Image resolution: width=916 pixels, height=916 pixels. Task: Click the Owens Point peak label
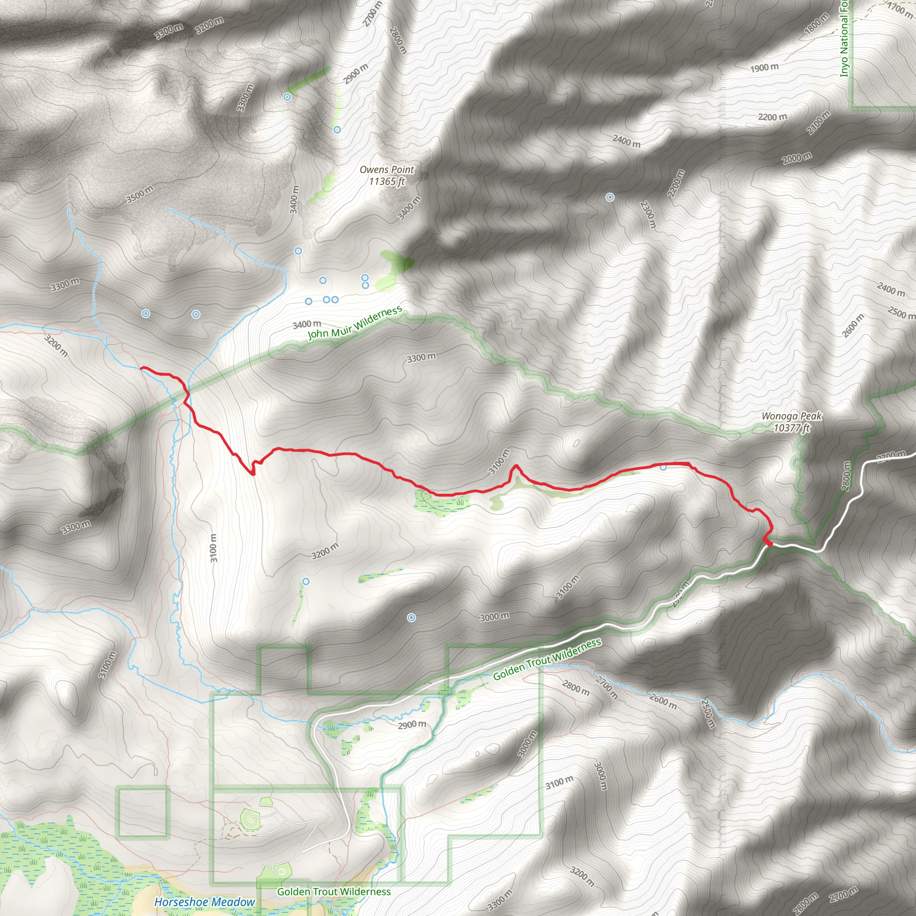coord(386,175)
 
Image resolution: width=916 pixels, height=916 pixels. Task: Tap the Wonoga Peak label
coord(791,422)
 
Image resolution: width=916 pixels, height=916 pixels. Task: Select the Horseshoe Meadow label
coord(204,902)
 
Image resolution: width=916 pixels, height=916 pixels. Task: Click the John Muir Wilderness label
coord(355,323)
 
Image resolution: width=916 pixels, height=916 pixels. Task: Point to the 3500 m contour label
coord(140,195)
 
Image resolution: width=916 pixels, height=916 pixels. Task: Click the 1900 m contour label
coord(764,68)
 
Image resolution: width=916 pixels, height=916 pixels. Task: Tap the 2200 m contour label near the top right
coord(772,117)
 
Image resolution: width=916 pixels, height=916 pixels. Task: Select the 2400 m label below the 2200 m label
coord(626,141)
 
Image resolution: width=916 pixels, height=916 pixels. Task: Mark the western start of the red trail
coord(141,368)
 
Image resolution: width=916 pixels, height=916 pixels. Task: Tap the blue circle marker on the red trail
coord(663,467)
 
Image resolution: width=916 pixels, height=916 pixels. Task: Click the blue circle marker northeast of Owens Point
coord(610,197)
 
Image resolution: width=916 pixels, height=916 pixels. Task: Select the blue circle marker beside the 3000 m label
coord(411,617)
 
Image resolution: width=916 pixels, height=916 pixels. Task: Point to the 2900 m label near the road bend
coord(411,725)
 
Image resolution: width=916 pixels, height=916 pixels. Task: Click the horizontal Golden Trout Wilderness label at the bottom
coord(334,892)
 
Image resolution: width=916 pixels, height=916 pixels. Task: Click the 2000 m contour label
coord(797,158)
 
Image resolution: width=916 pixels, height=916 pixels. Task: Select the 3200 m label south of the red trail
coord(325,551)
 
